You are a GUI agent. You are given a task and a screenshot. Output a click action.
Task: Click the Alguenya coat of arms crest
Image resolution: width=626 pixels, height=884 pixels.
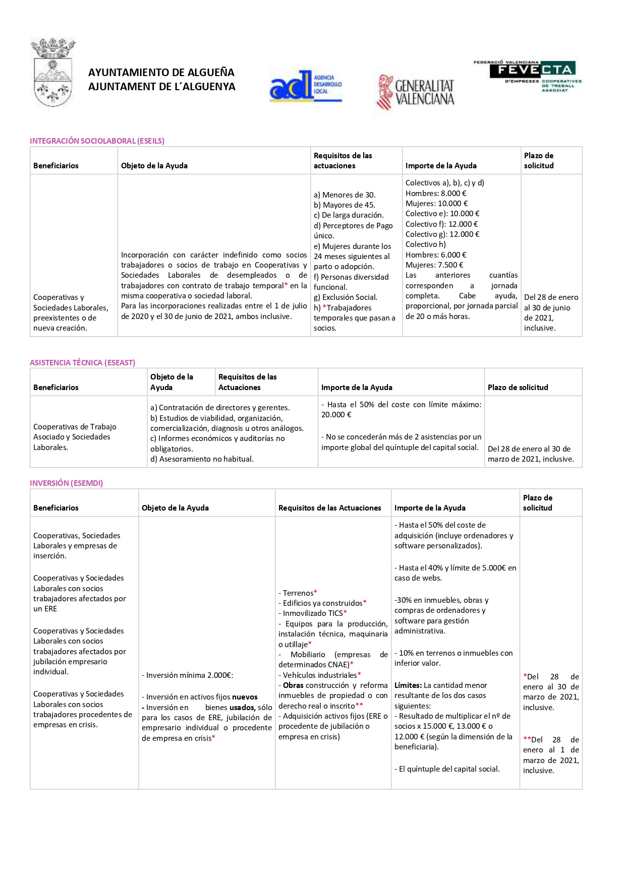pyautogui.click(x=53, y=73)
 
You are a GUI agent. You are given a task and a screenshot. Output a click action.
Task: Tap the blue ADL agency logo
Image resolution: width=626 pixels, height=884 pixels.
pyautogui.click(x=306, y=86)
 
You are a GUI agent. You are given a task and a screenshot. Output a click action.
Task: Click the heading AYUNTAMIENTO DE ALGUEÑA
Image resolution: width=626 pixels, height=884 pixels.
pyautogui.click(x=161, y=73)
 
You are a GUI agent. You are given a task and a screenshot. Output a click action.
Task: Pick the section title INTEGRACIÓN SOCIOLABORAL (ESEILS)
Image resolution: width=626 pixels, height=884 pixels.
pyautogui.click(x=97, y=141)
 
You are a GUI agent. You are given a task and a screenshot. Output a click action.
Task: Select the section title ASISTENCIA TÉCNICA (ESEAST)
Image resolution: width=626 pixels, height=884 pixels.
pyautogui.click(x=83, y=363)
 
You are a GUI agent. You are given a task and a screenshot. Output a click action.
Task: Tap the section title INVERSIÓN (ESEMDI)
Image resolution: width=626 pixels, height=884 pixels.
pyautogui.click(x=67, y=483)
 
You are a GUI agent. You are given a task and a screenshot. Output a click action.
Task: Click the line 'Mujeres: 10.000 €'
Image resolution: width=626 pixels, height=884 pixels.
pyautogui.click(x=437, y=204)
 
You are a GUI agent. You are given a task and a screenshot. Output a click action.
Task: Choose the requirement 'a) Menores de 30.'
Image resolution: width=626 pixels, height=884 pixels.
pyautogui.click(x=345, y=195)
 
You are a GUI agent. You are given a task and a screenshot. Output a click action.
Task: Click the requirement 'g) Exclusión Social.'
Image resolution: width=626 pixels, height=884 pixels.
pyautogui.click(x=346, y=297)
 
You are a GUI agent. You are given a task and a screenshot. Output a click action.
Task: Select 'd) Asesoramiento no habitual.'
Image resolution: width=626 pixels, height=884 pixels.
pyautogui.click(x=202, y=459)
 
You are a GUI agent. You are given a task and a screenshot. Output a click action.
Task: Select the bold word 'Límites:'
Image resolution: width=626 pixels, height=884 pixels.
pyautogui.click(x=408, y=685)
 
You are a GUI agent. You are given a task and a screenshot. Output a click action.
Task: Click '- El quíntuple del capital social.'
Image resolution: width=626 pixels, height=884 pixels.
pyautogui.click(x=447, y=769)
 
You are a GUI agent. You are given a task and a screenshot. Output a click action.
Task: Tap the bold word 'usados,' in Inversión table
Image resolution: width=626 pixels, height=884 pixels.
pyautogui.click(x=242, y=708)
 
